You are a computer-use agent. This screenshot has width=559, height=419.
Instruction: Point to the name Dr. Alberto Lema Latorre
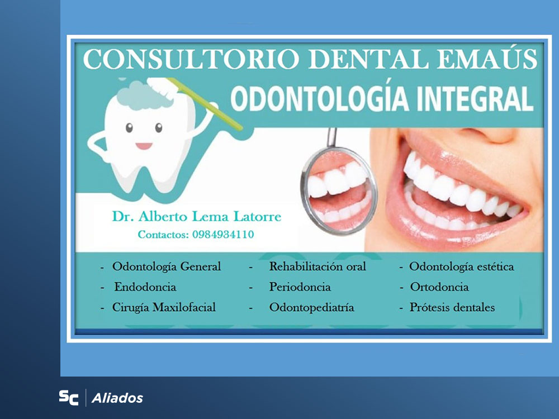196,217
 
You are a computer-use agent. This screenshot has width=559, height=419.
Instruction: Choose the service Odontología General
167,266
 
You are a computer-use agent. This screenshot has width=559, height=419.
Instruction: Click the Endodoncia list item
145,287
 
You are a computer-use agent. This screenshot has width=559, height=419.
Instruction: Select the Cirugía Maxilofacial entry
164,307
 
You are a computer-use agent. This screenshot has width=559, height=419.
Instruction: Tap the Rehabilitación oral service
318,266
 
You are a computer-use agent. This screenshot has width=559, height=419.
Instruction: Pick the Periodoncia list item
300,287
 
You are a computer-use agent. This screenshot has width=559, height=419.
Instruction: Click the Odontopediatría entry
311,307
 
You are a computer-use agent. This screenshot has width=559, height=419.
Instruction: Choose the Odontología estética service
461,266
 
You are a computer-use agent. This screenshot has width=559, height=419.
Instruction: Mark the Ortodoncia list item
439,287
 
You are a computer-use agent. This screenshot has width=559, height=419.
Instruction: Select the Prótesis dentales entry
452,307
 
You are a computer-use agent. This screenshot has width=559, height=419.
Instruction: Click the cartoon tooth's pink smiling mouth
144,146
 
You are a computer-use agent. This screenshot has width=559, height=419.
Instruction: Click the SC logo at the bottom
69,398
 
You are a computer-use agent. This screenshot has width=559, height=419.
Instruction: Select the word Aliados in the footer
117,398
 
